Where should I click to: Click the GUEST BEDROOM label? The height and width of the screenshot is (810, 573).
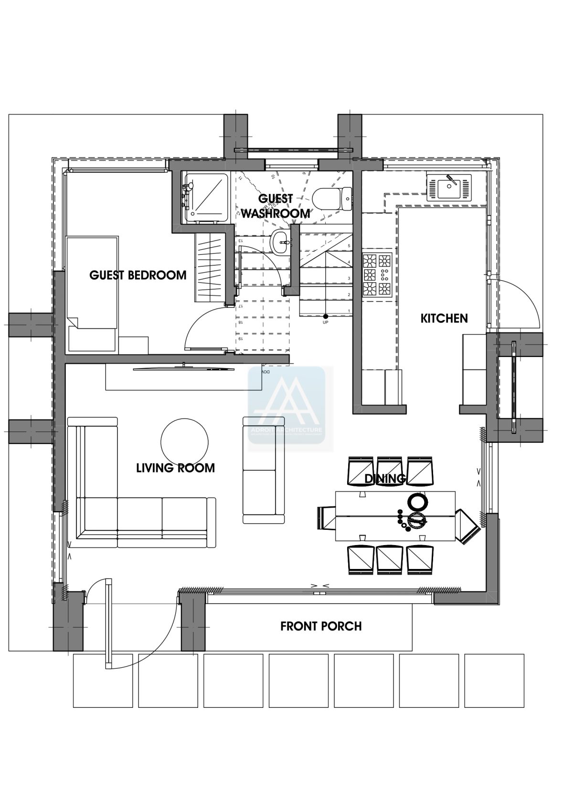pyautogui.click(x=138, y=275)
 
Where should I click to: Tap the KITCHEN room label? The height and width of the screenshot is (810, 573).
pyautogui.click(x=444, y=318)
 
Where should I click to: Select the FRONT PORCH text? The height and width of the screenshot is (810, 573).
pyautogui.click(x=321, y=626)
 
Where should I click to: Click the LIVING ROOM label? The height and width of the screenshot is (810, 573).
pyautogui.click(x=175, y=468)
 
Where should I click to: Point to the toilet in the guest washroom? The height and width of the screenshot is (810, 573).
pyautogui.click(x=333, y=199)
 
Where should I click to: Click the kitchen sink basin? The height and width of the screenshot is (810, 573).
pyautogui.click(x=449, y=187)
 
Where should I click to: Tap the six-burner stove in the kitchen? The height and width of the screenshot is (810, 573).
pyautogui.click(x=377, y=275)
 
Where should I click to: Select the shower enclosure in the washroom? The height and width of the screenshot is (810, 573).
pyautogui.click(x=206, y=197)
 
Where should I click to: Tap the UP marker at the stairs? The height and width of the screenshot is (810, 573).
pyautogui.click(x=325, y=319)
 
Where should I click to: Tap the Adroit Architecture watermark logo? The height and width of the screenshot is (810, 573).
pyautogui.click(x=286, y=405)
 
